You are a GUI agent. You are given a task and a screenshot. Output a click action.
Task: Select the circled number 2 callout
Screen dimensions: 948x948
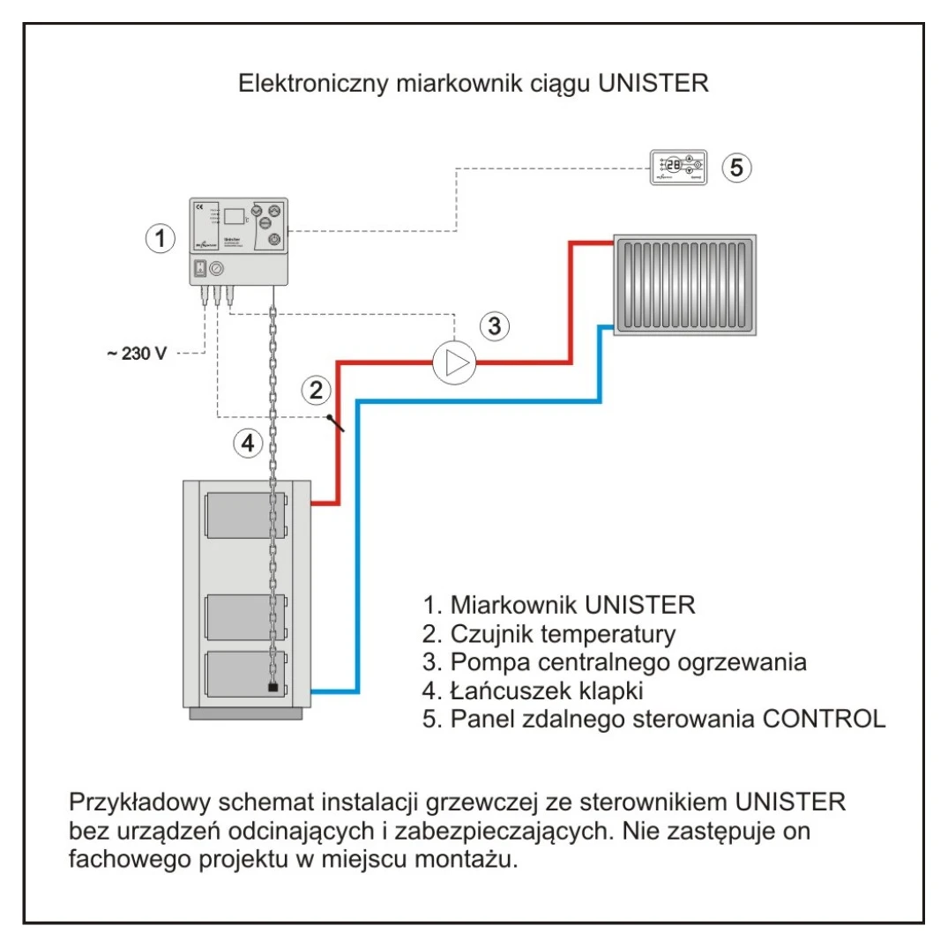316,388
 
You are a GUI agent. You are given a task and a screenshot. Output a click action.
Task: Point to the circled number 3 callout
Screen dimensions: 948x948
495,325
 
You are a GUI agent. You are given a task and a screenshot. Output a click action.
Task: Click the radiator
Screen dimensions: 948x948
685,285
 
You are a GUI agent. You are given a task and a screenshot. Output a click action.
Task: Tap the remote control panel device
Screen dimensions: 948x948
677,166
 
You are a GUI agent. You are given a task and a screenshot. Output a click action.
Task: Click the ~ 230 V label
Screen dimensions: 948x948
137,354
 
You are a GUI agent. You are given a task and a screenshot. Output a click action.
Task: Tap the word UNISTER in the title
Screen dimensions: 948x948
653,85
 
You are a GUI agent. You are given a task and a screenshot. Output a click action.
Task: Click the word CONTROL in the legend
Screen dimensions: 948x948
824,718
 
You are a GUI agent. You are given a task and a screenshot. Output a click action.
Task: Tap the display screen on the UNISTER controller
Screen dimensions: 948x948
234,215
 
